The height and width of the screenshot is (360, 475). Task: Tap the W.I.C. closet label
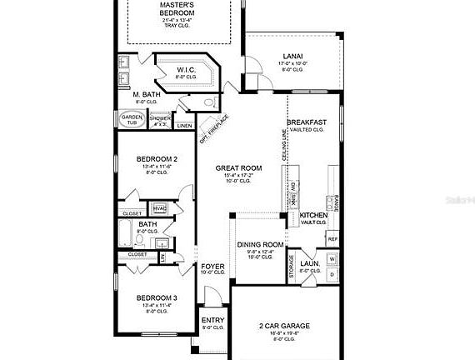click(186, 70)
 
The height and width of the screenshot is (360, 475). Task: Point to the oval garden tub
click(133, 119)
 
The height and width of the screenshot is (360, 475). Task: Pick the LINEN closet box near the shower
click(184, 126)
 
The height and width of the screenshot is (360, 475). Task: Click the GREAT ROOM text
click(239, 167)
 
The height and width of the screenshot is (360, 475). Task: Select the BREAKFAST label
click(307, 122)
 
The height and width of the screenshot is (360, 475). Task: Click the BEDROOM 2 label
click(157, 158)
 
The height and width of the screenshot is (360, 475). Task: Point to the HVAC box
click(160, 207)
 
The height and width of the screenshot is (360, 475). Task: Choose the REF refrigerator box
click(332, 239)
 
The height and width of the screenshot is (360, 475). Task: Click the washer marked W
click(331, 259)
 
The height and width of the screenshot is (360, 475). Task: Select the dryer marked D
click(331, 273)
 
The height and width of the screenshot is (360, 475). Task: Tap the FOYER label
click(212, 266)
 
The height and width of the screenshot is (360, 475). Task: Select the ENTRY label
click(212, 320)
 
